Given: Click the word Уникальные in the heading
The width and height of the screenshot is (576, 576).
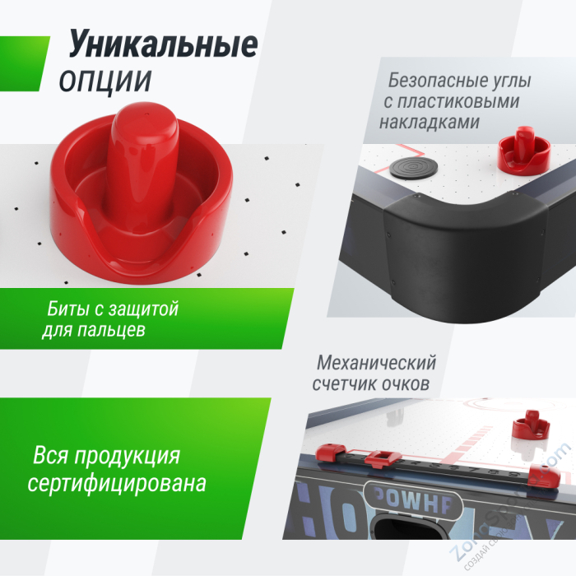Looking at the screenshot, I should click(163, 44).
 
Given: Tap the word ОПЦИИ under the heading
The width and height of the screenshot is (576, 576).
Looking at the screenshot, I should click(105, 81).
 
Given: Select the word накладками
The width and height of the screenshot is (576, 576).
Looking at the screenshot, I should click(430, 122).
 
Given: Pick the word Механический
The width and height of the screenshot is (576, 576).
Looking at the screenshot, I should click(376, 364).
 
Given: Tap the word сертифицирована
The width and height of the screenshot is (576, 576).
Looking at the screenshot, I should click(116, 482).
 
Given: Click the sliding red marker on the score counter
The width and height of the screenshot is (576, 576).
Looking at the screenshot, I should click(380, 459).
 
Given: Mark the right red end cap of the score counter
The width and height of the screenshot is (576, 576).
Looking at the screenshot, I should click(541, 472).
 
